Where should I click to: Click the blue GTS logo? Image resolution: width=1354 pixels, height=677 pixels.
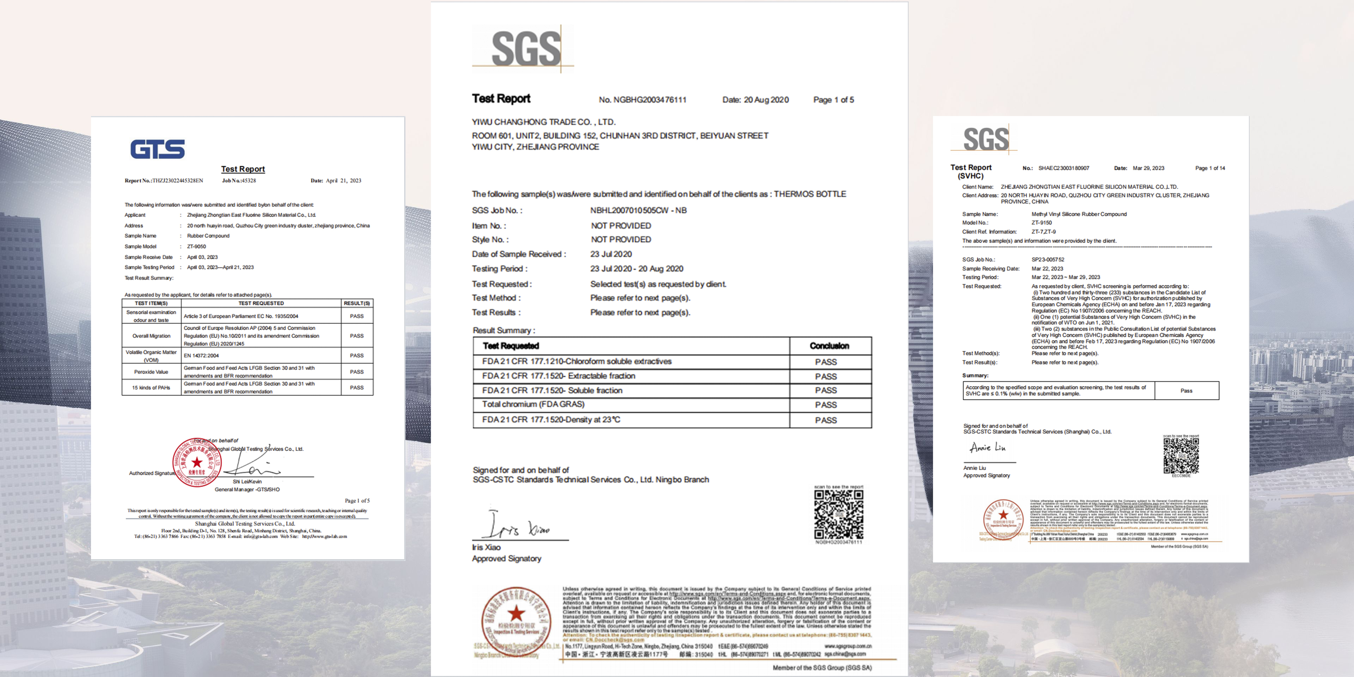tap(158, 149)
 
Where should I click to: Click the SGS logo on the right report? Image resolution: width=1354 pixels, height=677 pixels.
tap(986, 139)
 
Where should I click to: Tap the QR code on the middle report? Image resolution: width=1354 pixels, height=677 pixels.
tap(838, 514)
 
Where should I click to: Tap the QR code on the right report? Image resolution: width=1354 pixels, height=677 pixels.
tap(1181, 456)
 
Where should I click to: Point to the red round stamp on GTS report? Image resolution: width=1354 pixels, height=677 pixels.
tap(197, 462)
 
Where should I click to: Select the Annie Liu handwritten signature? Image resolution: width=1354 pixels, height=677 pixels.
tap(987, 448)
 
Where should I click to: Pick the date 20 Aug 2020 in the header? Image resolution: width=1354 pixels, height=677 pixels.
tap(766, 100)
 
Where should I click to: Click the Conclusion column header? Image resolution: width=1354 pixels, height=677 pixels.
tap(829, 346)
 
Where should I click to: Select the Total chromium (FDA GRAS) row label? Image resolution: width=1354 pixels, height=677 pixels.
tap(533, 404)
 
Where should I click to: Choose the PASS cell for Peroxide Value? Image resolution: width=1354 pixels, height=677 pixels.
tap(356, 372)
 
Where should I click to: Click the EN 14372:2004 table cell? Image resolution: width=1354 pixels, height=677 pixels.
tap(201, 355)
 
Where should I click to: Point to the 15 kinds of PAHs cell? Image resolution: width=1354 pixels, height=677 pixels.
tap(151, 388)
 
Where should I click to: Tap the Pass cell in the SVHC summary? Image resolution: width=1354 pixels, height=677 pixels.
tap(1186, 391)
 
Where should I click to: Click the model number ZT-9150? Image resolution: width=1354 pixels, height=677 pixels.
tap(1042, 222)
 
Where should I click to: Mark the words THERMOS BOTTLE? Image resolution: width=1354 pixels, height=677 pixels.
tap(810, 194)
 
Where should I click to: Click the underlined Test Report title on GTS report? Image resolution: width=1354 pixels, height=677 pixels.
tap(243, 169)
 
